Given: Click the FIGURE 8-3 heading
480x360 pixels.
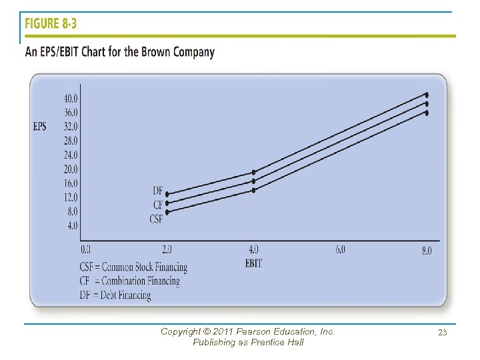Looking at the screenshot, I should tap(51, 25).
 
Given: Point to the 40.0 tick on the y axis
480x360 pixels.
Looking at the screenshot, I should tap(71, 98).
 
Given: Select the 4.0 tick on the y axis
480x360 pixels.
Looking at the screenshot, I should tap(72, 226).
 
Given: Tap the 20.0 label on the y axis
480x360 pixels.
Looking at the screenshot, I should tap(71, 169).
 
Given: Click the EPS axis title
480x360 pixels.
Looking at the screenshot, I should tap(39, 127).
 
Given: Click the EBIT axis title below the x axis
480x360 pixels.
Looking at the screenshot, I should tap(253, 263).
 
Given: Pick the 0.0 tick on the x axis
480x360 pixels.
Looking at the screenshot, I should tap(86, 250).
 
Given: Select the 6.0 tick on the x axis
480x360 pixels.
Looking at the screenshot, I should tap(340, 250).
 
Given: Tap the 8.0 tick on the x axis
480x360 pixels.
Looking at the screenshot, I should tap(426, 251).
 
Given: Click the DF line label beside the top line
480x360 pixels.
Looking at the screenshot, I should tap(157, 191).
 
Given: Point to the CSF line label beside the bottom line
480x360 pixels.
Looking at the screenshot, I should tap(156, 219).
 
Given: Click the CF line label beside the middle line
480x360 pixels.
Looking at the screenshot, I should tap(157, 205).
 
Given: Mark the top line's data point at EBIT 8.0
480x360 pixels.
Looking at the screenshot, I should tap(427, 95).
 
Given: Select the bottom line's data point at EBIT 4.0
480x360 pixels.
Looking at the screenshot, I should tap(253, 190).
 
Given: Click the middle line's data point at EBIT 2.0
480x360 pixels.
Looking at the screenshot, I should tap(167, 203).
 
